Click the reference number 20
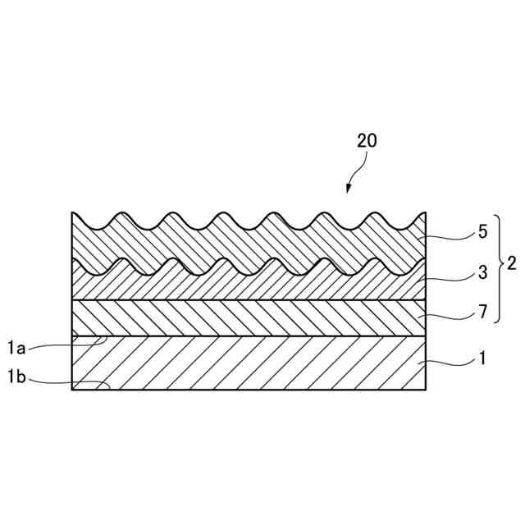(x=367, y=140)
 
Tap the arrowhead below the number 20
(x=348, y=189)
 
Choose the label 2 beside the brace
(x=511, y=264)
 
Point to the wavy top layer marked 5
(x=246, y=246)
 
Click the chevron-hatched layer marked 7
(x=246, y=318)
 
